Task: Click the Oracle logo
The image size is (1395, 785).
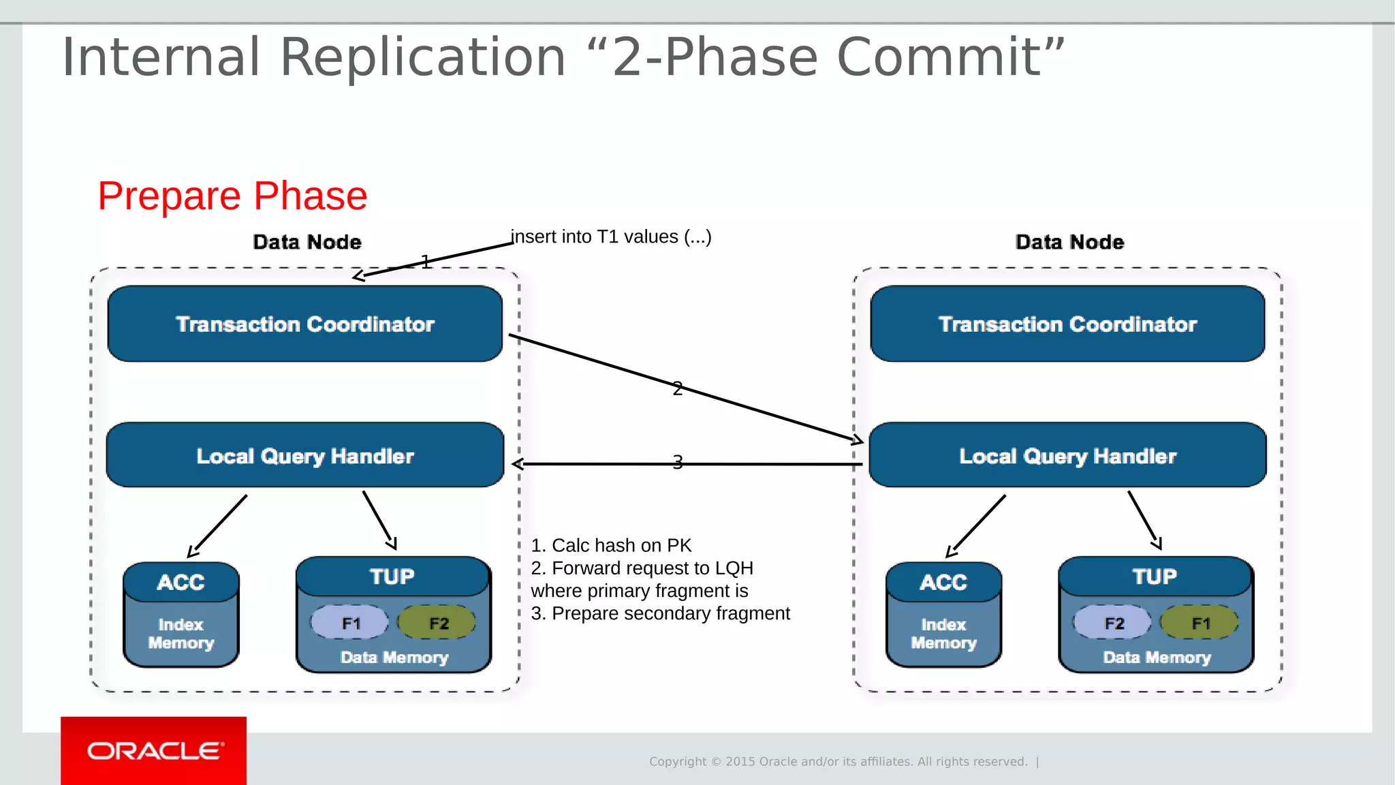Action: point(155,750)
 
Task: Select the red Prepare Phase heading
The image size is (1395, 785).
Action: point(232,196)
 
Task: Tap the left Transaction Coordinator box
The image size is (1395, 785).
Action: point(304,324)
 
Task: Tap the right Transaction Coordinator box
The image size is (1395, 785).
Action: point(1067,324)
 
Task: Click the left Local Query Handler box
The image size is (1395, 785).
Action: point(304,455)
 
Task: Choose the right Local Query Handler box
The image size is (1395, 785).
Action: point(1067,455)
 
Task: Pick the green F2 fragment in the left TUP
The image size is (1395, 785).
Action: point(438,623)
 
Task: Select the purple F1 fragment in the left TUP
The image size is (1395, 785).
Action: point(350,623)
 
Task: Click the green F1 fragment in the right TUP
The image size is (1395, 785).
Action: point(1200,623)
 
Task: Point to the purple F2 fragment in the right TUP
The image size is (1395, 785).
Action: point(1113,623)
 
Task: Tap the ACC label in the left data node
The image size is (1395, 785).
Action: point(181,582)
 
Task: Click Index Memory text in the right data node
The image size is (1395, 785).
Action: point(943,634)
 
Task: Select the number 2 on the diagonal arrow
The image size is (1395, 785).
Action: point(677,388)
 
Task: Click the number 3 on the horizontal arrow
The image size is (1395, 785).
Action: point(677,462)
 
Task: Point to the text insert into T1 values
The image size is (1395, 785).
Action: point(611,236)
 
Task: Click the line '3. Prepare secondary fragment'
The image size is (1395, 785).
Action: point(660,613)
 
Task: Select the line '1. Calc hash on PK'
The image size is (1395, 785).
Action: point(611,545)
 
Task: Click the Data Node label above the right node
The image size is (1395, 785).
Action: point(1069,242)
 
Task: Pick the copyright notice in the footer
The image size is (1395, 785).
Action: point(838,761)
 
